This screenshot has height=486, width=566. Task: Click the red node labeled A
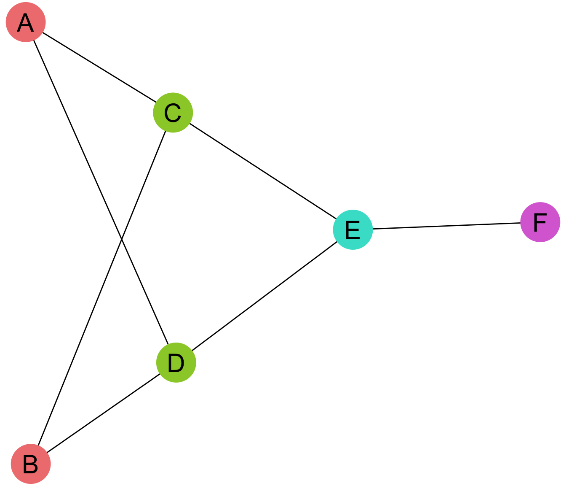tap(26, 22)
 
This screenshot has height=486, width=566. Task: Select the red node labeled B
tap(31, 464)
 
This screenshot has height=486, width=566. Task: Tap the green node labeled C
tap(173, 113)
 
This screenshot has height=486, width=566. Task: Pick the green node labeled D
tap(176, 362)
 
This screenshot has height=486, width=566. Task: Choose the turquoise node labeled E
tap(353, 229)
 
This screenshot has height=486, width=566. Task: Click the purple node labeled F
tap(540, 222)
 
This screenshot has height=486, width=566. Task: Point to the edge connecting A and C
tap(99, 67)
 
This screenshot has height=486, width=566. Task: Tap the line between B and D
tap(103, 413)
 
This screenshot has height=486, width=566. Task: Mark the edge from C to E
tap(263, 171)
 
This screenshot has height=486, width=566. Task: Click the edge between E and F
tap(446, 226)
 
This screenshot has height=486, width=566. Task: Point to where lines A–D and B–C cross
tap(122, 240)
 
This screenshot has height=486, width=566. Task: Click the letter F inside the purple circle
tap(540, 222)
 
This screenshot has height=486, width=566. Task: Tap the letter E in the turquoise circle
tap(353, 230)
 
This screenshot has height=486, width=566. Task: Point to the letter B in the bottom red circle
tap(31, 464)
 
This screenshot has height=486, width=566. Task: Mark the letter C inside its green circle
tap(173, 113)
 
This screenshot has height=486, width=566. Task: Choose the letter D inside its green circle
tap(176, 363)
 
